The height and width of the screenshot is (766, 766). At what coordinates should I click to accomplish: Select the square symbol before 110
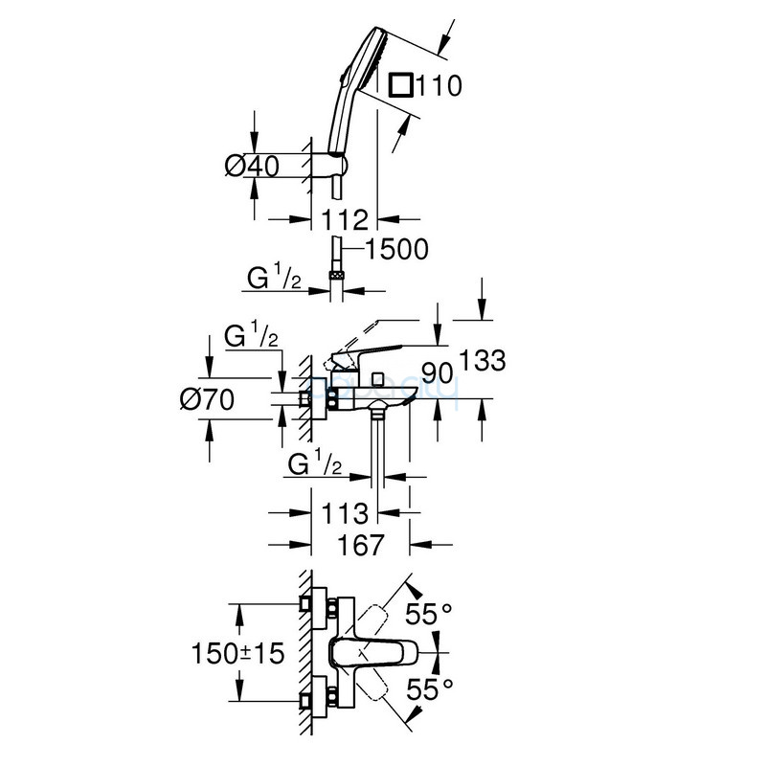401,86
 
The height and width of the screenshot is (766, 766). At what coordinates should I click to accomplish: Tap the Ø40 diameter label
252,166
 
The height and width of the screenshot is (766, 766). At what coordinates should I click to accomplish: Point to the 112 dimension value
345,220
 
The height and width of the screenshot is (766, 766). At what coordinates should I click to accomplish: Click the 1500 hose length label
396,250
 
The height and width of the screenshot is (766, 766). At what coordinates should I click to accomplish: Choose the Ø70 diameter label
207,400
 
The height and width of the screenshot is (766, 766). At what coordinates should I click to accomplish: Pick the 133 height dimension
484,361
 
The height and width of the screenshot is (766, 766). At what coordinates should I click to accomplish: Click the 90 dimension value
438,373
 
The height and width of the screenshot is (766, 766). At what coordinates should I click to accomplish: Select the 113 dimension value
345,513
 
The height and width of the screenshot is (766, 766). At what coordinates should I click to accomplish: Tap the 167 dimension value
360,545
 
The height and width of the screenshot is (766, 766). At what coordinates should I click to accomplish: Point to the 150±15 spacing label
237,653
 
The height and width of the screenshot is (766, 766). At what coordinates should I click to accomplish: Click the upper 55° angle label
428,614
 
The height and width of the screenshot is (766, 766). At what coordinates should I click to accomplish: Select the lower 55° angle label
430,689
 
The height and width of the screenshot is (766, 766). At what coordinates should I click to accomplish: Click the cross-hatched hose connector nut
337,276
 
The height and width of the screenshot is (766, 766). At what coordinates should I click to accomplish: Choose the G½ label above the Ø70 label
251,337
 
